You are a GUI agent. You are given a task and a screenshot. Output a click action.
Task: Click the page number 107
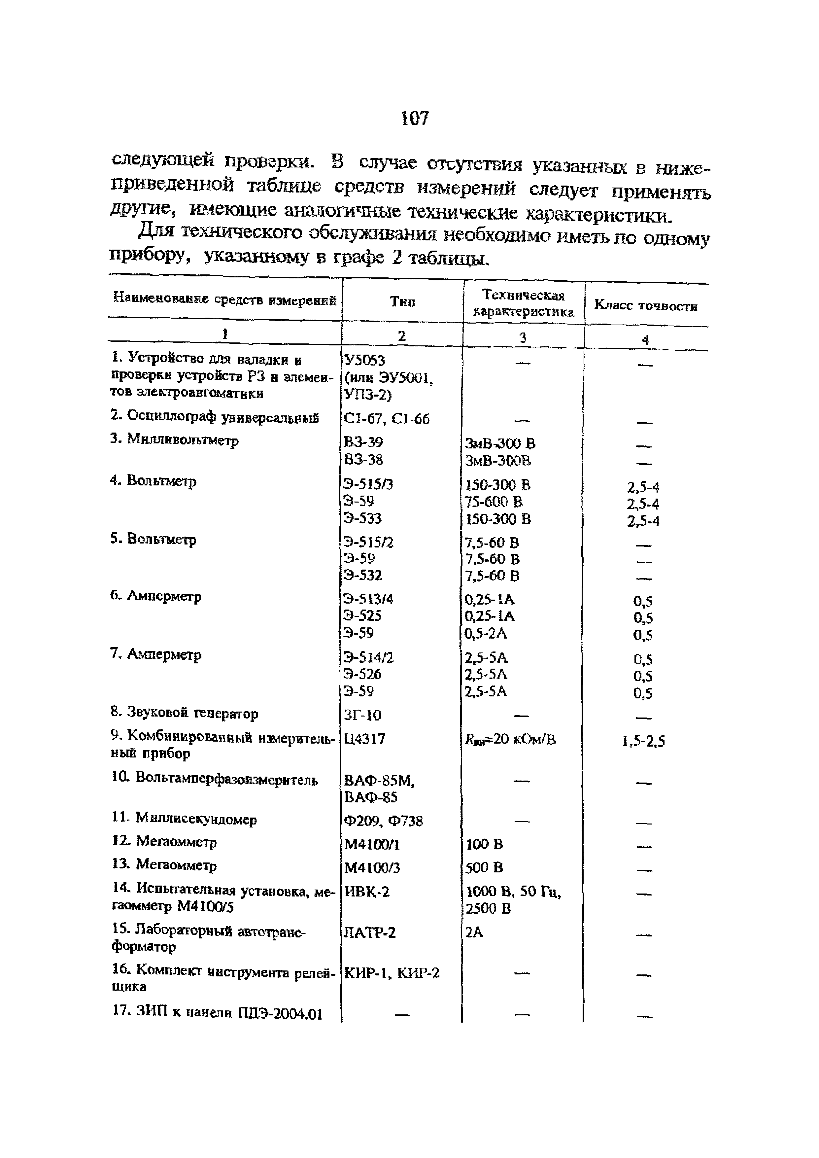tap(415, 119)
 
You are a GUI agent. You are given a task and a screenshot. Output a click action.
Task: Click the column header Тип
tap(402, 301)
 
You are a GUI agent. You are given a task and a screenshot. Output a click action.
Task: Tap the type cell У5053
tap(363, 361)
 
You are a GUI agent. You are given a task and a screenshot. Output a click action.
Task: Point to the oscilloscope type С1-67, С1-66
tap(386, 419)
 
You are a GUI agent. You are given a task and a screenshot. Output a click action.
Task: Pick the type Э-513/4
tap(368, 599)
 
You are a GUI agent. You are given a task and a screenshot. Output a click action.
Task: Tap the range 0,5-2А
tap(486, 633)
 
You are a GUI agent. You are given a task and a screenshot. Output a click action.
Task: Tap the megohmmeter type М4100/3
tap(372, 867)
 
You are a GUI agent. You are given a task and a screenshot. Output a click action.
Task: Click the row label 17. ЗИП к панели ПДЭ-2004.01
tap(217, 1013)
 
